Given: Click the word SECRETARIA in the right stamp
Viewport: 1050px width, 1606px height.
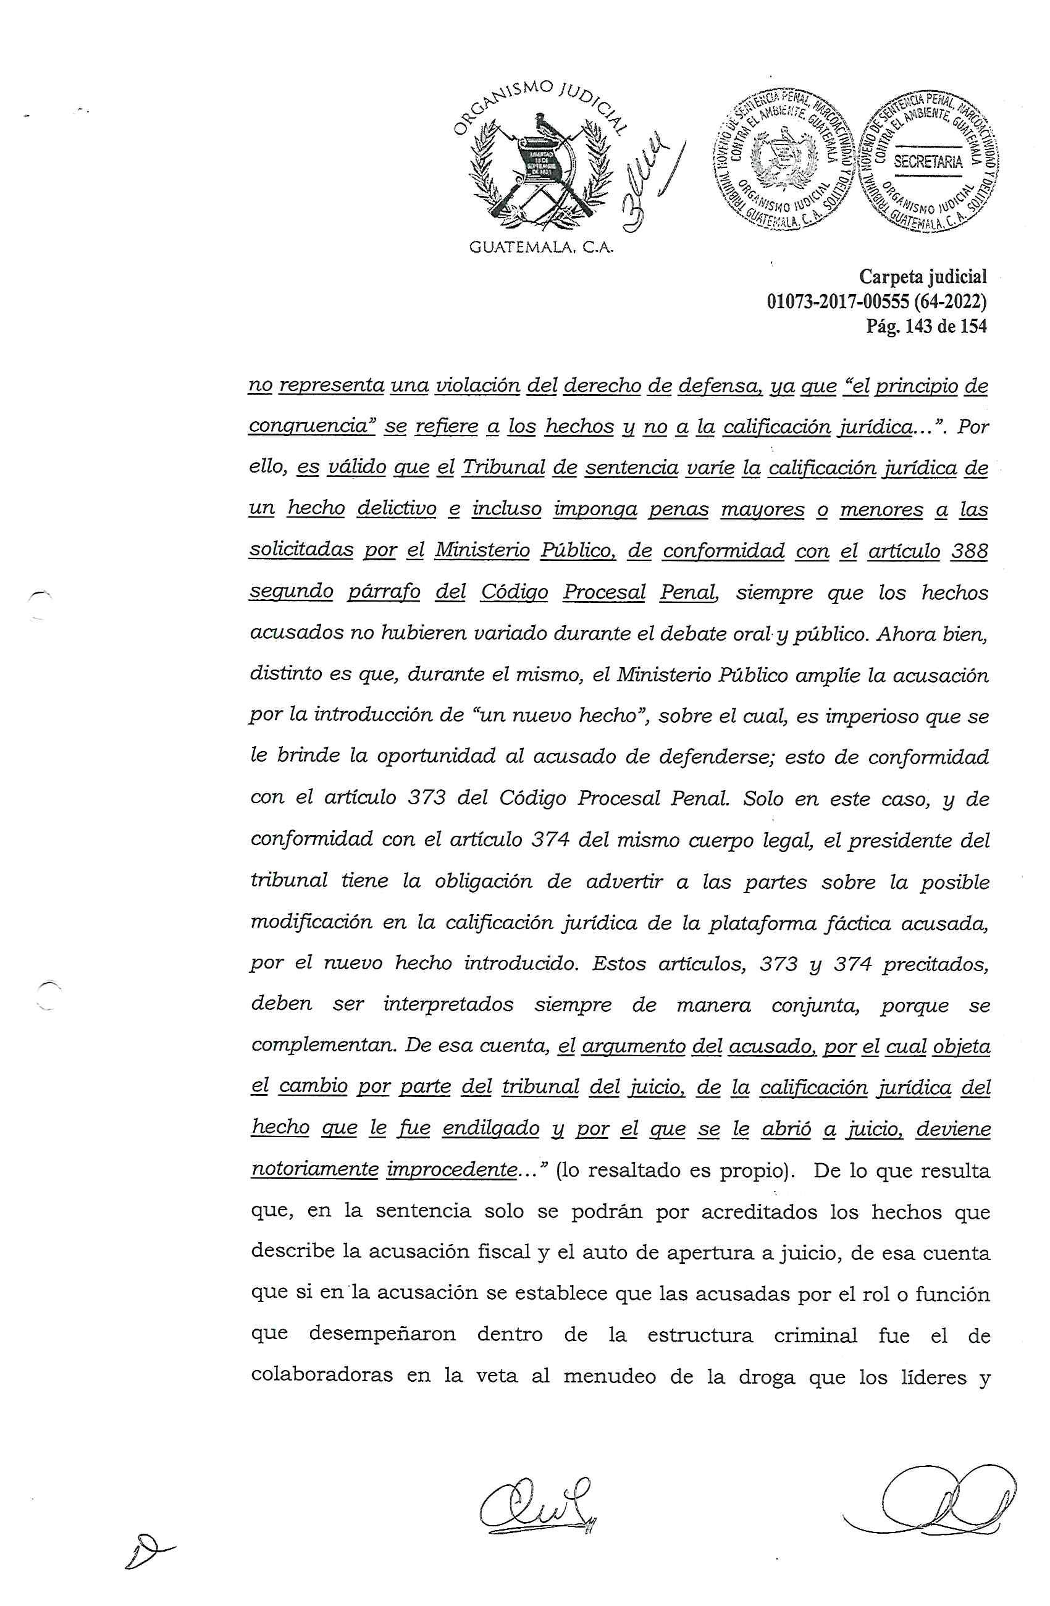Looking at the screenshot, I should coord(927,162).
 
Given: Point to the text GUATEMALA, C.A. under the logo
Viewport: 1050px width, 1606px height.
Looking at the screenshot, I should coord(540,248).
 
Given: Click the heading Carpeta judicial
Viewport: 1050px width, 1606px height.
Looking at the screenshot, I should coord(923,276).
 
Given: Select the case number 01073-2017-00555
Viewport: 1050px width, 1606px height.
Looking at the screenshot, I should coord(838,301).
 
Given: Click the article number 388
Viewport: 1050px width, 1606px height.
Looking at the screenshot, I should coord(969,552).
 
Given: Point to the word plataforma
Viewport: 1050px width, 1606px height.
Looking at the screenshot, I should coord(760,922).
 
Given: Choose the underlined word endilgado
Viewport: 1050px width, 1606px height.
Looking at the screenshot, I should coord(490,1127).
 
